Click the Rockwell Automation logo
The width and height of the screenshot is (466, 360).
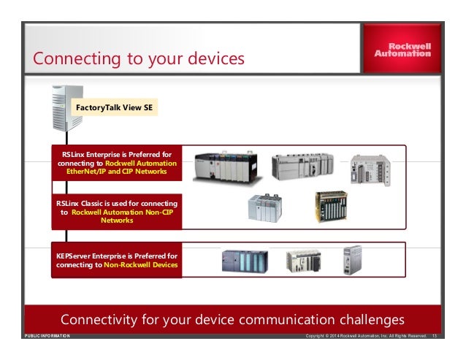402,49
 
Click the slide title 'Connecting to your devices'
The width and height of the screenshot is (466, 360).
139,57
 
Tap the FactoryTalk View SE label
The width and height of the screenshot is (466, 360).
115,108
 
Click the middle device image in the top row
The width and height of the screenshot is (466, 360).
302,167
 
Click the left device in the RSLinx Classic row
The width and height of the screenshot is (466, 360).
263,209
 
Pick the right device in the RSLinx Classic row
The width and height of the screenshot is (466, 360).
331,207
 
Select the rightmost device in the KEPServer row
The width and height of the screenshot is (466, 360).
353,259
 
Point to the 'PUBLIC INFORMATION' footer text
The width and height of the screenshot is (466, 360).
47,336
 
